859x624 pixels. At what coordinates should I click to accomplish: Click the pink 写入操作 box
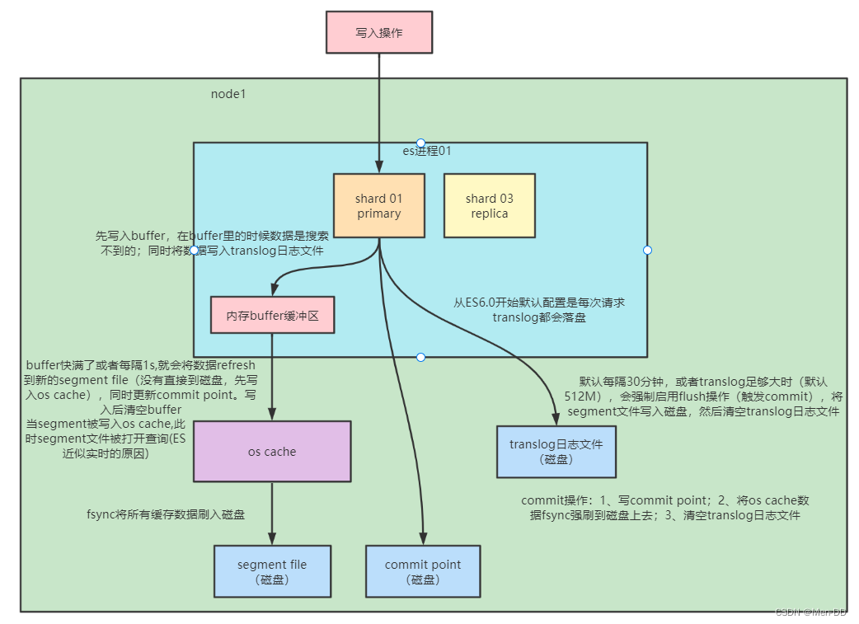[x=379, y=33]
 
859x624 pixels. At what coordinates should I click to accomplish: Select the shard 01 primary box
[x=378, y=206]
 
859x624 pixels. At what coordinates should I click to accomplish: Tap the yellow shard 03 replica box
[x=489, y=206]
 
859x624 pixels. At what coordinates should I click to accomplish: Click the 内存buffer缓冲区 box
[x=272, y=315]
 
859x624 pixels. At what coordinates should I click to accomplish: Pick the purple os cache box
[x=272, y=451]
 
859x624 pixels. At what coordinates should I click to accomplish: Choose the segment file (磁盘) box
[x=272, y=571]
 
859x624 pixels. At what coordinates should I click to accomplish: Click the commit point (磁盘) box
[x=423, y=571]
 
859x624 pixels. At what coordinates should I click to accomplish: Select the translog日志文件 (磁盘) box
[x=556, y=452]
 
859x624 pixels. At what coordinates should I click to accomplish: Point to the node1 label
[x=228, y=94]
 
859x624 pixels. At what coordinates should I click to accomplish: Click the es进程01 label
[x=426, y=152]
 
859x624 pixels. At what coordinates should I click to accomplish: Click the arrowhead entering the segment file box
[x=272, y=539]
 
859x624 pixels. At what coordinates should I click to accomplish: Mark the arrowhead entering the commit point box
[x=424, y=539]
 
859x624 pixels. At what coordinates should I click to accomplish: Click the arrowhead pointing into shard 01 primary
[x=378, y=167]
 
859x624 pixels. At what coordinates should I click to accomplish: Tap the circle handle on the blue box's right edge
[x=647, y=250]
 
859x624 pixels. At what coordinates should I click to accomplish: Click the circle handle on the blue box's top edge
[x=420, y=143]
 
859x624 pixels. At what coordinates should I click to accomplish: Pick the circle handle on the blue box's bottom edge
[x=420, y=357]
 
